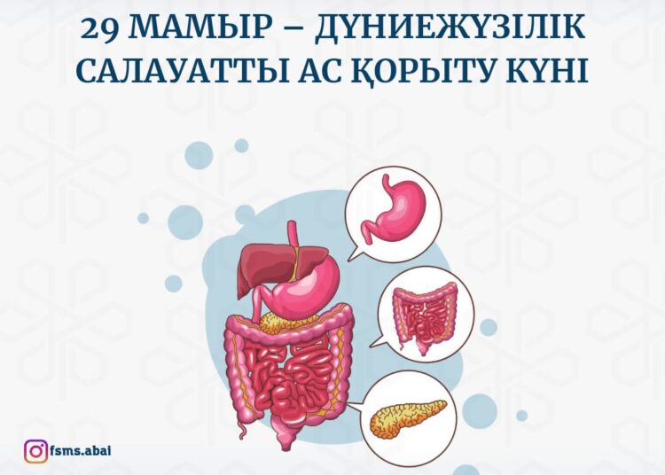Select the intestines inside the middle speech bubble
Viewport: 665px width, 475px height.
click(425, 314)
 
